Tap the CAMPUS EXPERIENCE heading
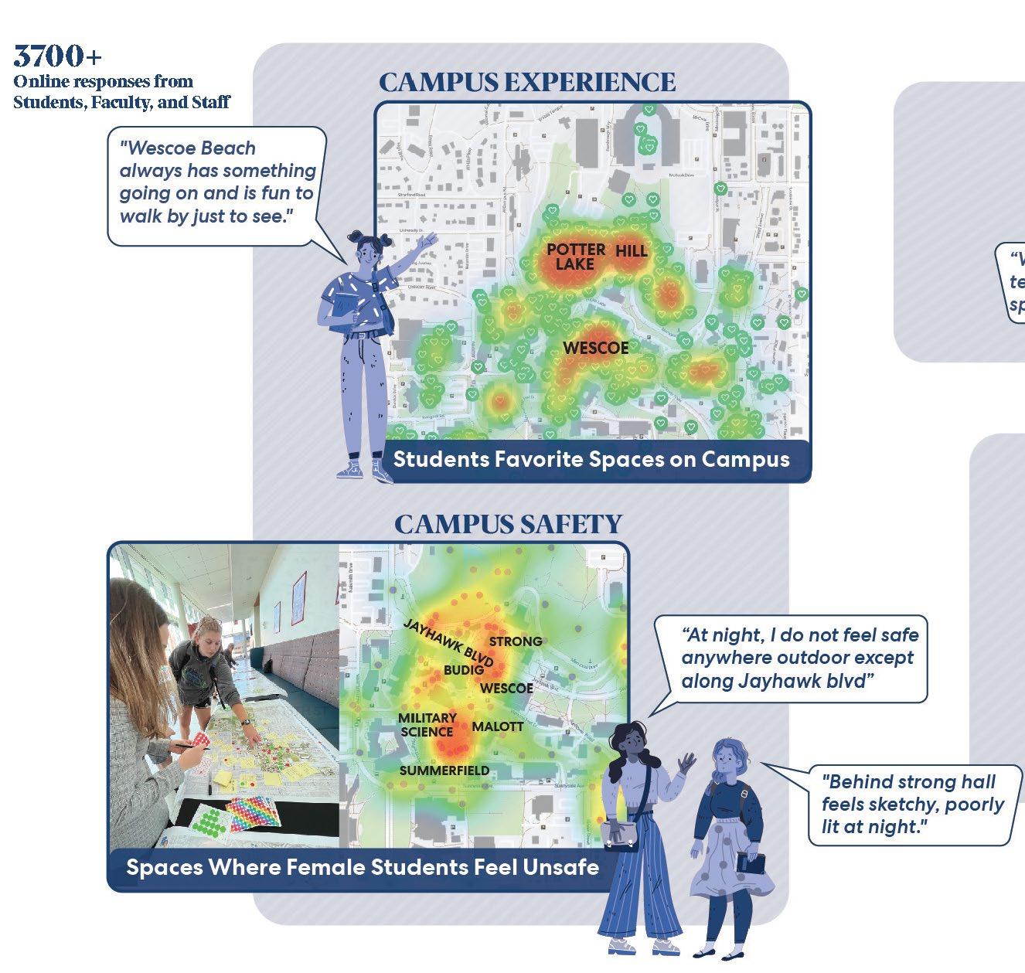tap(527, 83)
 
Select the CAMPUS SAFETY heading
tap(508, 524)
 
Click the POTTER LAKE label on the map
tap(576, 257)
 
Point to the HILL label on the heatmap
tap(632, 251)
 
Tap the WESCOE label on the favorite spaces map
tap(595, 348)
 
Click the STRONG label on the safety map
tap(516, 641)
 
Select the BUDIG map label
tap(464, 670)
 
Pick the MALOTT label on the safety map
tap(497, 727)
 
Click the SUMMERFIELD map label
tap(444, 771)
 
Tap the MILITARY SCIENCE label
tap(427, 725)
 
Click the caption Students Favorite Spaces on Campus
tap(591, 459)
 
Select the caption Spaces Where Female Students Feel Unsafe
tap(363, 867)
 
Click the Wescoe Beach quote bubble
tap(217, 182)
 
